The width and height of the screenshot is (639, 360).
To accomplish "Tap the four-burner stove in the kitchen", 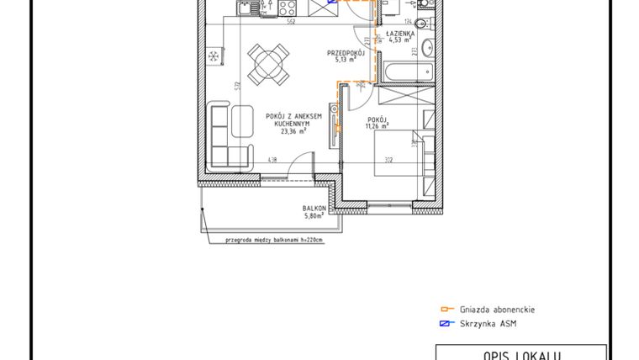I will click(x=284, y=10).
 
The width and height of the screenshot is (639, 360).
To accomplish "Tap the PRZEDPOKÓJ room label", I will click(x=346, y=53).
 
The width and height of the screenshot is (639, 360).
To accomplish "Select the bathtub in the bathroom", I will click(x=404, y=71).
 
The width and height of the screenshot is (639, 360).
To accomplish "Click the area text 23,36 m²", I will click(x=293, y=131).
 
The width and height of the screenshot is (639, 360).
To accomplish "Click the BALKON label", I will click(x=314, y=209).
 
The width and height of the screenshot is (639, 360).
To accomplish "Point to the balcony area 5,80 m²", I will click(x=314, y=216).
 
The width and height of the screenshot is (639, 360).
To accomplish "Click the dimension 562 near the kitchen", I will click(x=288, y=23).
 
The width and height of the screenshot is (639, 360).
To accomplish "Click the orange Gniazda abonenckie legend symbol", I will click(x=446, y=310).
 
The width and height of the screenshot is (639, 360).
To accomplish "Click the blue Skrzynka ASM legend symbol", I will click(x=446, y=323).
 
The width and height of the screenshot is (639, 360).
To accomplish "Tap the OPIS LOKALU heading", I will click(x=520, y=355).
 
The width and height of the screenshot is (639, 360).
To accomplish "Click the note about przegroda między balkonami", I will click(x=273, y=240).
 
